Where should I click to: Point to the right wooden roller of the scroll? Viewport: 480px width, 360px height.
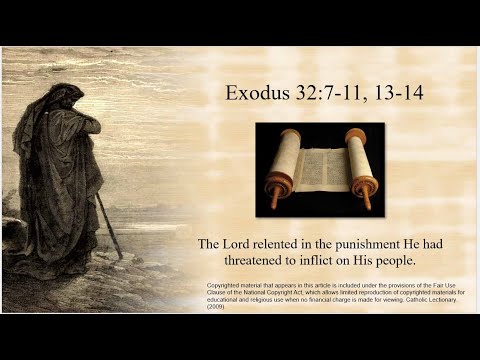coord(361,165)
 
